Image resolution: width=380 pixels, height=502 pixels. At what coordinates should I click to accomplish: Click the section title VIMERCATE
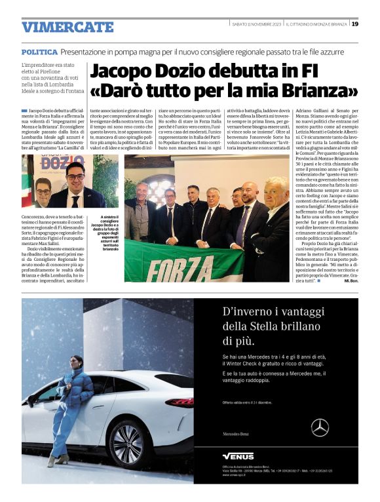[67, 27]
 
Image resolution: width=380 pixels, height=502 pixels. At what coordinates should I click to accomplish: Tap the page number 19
[354, 24]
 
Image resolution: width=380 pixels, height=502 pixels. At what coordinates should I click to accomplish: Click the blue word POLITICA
[39, 51]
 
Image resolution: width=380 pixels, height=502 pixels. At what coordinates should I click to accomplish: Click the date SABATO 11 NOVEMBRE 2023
[256, 24]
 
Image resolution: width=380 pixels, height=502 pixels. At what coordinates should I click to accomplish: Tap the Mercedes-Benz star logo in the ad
[320, 427]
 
